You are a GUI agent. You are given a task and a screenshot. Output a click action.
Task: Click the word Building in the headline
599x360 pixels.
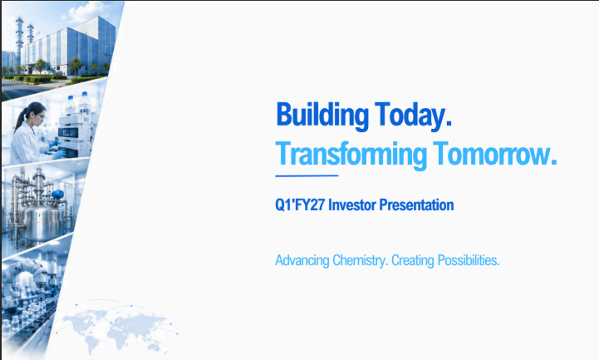tap(322, 116)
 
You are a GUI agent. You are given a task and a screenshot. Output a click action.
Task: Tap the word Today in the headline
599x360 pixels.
tap(413, 114)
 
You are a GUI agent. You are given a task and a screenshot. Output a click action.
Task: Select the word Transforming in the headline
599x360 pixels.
tap(351, 155)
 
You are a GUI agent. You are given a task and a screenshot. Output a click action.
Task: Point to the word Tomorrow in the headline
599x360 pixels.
tap(494, 153)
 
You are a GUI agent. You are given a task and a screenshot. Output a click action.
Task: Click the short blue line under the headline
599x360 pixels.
tap(307, 175)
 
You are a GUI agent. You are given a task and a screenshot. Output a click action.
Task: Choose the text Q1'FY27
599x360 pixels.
tap(300, 205)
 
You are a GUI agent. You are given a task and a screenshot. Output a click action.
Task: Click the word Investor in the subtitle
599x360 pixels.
tap(351, 205)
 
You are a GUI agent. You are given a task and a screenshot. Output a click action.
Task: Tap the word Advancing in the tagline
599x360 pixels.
tap(302, 260)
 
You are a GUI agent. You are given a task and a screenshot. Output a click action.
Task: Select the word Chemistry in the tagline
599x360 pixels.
tap(361, 260)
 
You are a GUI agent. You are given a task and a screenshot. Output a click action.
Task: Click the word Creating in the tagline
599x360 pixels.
tap(413, 260)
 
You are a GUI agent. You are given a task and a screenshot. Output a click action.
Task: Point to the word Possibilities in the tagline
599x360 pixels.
tap(469, 260)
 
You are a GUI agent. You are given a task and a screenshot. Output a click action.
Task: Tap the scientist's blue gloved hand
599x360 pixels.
tap(58, 155)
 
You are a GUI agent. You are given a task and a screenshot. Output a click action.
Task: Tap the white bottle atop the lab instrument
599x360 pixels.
tap(85, 102)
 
